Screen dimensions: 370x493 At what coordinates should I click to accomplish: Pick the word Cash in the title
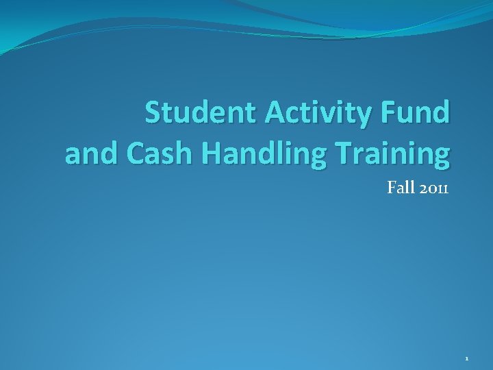point(153,155)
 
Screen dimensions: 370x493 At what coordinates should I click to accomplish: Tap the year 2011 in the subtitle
point(432,188)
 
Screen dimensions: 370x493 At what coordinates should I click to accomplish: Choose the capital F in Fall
point(391,188)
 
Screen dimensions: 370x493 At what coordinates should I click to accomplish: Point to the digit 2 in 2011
point(420,188)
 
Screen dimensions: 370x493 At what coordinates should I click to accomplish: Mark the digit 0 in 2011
point(429,189)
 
